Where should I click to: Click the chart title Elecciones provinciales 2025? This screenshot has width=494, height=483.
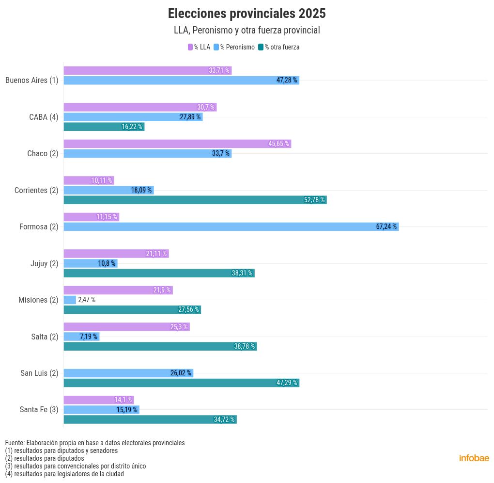(x=247, y=13)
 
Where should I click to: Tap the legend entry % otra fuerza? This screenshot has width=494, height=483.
(x=281, y=47)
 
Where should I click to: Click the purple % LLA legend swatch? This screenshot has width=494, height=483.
(x=190, y=47)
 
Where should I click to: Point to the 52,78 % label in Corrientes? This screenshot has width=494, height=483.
(x=314, y=200)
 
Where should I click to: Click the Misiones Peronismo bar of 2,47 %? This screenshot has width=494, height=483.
(x=70, y=300)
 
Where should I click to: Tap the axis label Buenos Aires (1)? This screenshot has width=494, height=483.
(x=32, y=80)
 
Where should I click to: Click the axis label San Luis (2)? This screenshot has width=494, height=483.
(x=39, y=373)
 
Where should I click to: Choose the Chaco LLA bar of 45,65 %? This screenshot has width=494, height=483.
(x=177, y=144)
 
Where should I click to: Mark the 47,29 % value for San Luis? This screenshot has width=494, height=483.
(x=287, y=383)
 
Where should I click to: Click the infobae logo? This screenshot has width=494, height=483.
(x=474, y=458)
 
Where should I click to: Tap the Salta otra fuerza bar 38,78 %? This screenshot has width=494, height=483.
(x=160, y=346)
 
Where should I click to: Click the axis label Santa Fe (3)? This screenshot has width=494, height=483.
(x=39, y=409)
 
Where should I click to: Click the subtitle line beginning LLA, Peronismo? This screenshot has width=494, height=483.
(x=247, y=30)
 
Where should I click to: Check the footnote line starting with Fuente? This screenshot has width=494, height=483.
(x=95, y=443)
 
